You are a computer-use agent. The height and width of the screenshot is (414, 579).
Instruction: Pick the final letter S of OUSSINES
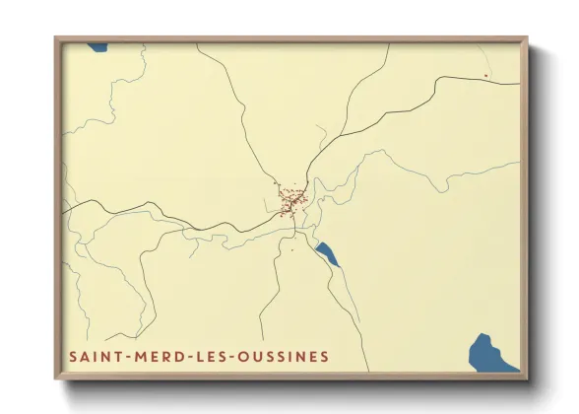324,356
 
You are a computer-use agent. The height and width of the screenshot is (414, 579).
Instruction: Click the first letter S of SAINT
72,356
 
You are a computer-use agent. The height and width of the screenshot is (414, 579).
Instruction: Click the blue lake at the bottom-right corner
492,353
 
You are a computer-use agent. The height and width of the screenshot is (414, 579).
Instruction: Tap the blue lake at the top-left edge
96,46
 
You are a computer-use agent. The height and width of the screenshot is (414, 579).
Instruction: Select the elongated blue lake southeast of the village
326,253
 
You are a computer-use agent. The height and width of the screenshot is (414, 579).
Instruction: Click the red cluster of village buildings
291,202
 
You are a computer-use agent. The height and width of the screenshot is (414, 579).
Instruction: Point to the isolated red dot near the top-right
486,75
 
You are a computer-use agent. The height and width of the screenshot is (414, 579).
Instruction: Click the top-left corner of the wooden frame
55,38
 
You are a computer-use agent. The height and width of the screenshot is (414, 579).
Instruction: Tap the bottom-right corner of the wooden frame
527,379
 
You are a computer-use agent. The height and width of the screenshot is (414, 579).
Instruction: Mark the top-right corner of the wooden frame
527,38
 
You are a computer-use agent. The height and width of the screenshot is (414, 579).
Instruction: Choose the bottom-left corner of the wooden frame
55,379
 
